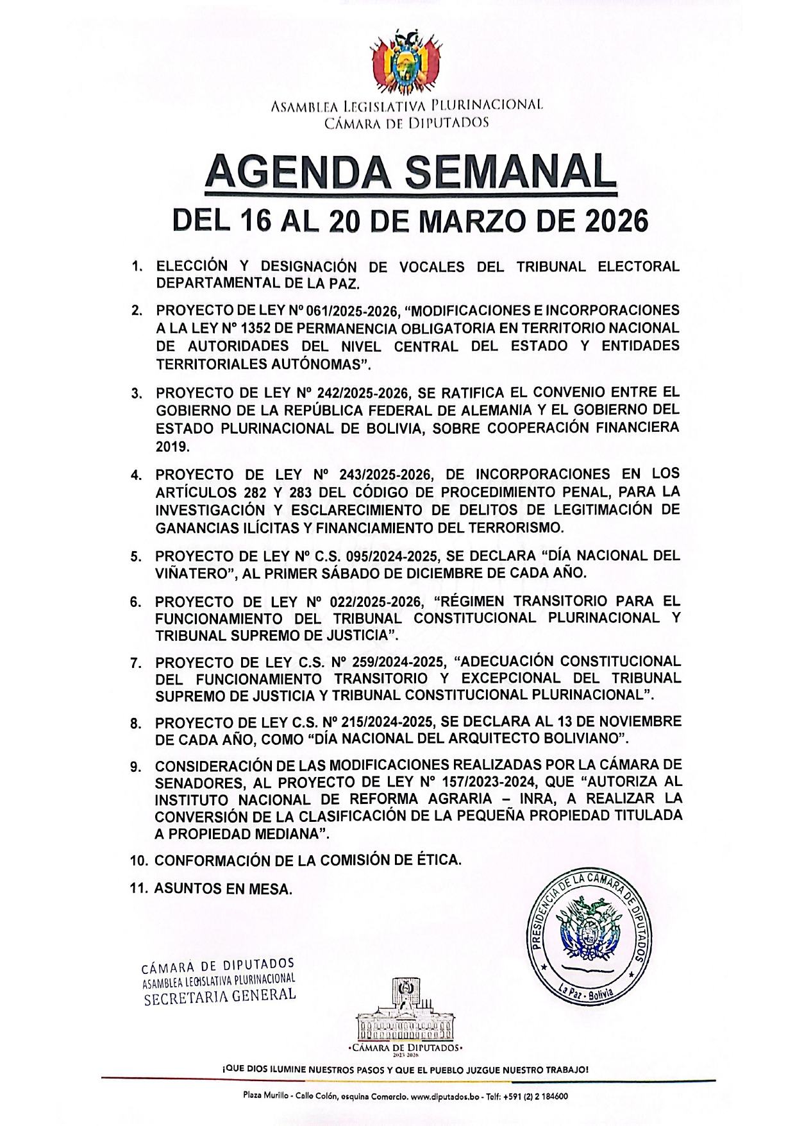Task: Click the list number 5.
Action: pyautogui.click(x=136, y=557)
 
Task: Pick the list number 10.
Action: pyautogui.click(x=139, y=861)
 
